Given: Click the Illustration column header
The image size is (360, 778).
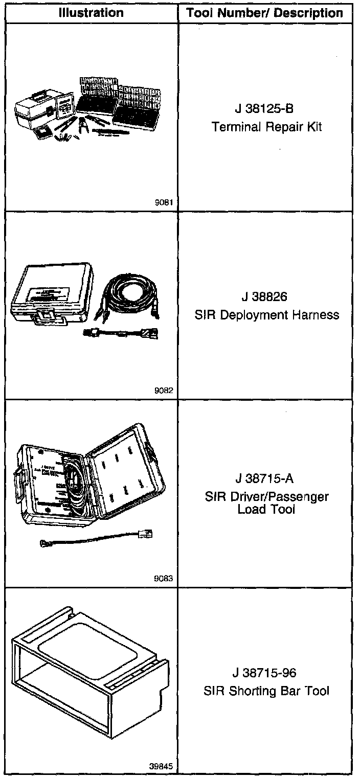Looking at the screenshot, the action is pos(91,13).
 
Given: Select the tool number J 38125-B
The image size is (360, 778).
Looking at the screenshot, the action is pos(266,108).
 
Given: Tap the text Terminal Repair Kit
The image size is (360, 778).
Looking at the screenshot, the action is pos(266,127).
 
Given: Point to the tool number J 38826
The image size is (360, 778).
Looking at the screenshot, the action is pos(266,296).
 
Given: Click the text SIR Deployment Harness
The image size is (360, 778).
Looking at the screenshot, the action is pos(266,314).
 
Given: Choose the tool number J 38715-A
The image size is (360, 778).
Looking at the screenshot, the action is pos(266,479).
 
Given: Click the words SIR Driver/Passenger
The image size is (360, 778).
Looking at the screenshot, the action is pos(266,496).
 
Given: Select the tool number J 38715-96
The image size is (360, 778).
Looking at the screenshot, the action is pos(266,673).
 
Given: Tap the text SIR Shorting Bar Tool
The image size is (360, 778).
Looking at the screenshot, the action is pos(266,691).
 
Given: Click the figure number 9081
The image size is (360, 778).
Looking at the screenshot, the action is pos(165,202).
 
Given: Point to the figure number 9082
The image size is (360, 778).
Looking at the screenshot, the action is pos(165,391).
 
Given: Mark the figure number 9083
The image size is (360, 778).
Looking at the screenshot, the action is pos(165,579).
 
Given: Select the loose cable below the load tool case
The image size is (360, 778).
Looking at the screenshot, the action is pos(97,540).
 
